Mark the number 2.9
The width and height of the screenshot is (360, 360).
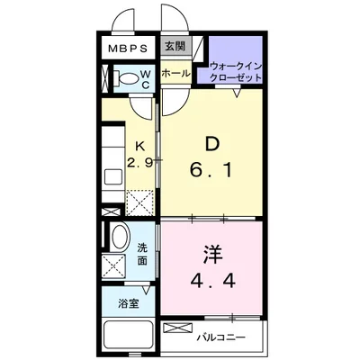tap(139, 163)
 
